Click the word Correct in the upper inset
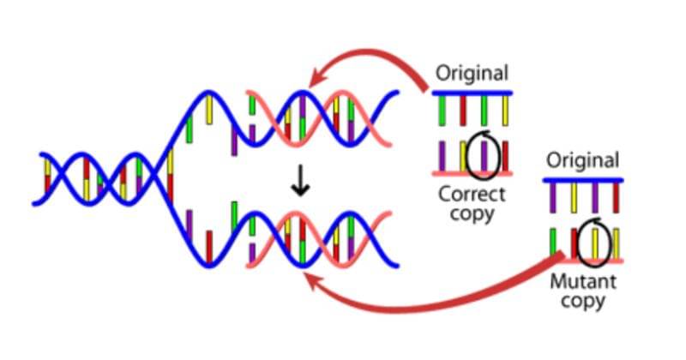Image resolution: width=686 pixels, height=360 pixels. click(x=472, y=193)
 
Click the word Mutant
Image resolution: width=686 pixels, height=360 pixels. click(x=583, y=281)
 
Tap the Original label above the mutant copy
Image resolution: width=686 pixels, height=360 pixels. click(x=583, y=160)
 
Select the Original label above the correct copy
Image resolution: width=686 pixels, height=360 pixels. click(x=472, y=74)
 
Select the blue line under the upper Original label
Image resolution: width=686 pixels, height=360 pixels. click(x=472, y=92)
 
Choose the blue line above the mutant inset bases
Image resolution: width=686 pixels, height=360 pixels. click(x=583, y=180)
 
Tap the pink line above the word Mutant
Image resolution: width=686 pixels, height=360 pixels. click(x=583, y=260)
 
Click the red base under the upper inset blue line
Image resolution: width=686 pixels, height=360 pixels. click(x=463, y=110)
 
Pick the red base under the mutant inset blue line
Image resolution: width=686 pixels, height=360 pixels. click(x=616, y=198)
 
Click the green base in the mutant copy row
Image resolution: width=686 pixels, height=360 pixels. click(x=553, y=243)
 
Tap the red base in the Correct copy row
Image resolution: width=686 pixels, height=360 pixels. click(x=505, y=156)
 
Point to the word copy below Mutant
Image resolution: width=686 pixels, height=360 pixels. click(x=583, y=301)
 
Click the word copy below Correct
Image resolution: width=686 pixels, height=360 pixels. click(x=472, y=213)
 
